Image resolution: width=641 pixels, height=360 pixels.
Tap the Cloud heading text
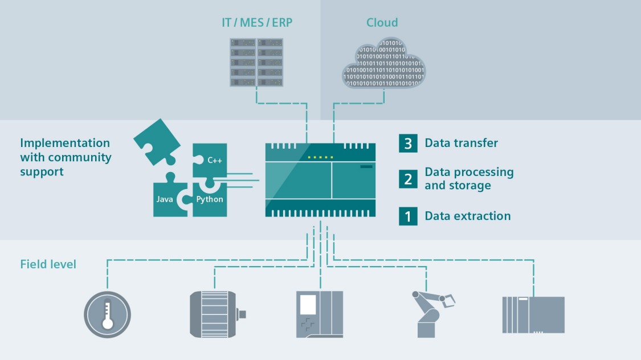(x=382, y=23)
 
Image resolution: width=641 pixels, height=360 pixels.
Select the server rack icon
(x=256, y=62)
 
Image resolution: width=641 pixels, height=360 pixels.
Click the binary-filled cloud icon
(x=383, y=64)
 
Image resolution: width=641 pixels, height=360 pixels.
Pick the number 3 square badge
(x=408, y=143)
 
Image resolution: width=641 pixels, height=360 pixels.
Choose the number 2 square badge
(x=408, y=179)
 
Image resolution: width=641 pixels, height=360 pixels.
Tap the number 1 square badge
(x=408, y=216)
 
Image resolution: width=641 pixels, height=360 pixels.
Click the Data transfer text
(x=462, y=143)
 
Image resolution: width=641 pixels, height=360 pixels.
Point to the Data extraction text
(x=468, y=216)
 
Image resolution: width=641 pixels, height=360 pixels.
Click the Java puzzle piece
(x=166, y=200)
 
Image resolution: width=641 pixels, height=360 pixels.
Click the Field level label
(x=48, y=264)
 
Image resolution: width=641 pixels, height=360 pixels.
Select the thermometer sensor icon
(x=107, y=314)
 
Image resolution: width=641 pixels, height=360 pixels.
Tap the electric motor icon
(x=215, y=313)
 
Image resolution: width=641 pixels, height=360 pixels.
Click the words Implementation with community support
(x=66, y=157)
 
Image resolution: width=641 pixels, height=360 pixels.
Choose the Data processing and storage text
(x=469, y=179)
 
